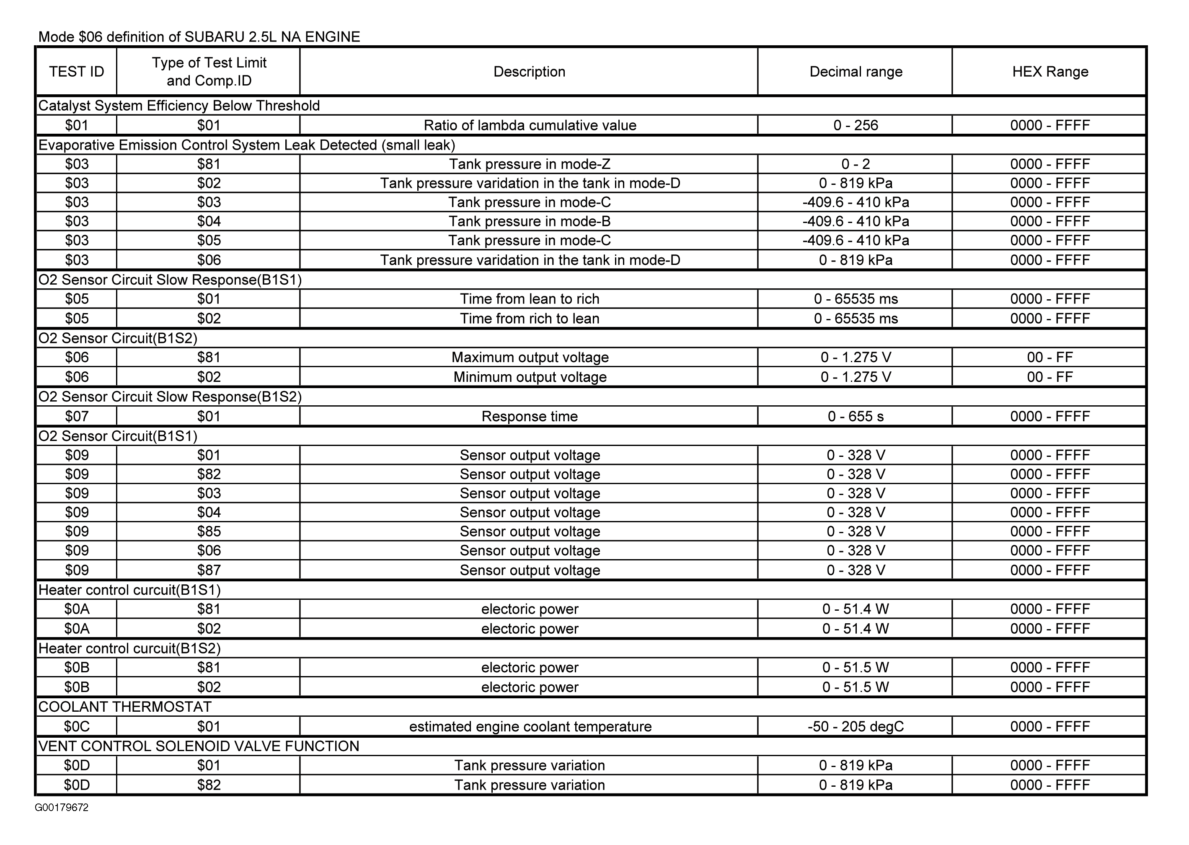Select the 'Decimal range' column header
coord(856,72)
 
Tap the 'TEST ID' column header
coord(76,72)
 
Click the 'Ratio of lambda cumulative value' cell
coord(530,125)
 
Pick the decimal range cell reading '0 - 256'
coord(856,125)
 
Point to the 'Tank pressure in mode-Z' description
coord(530,164)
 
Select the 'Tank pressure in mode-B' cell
coord(530,222)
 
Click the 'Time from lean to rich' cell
coord(530,299)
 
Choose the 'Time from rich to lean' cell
coord(530,319)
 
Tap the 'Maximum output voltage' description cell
coord(530,358)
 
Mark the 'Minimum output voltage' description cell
coord(530,377)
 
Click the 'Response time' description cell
coord(530,417)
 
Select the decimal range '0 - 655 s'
coord(856,417)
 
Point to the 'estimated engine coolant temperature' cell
coord(530,727)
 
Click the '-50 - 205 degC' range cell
coord(856,727)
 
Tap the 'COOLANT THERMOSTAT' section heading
coord(125,707)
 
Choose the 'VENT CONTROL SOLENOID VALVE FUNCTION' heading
coord(199,747)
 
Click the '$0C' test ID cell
coord(76,727)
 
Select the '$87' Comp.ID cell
coord(209,570)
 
